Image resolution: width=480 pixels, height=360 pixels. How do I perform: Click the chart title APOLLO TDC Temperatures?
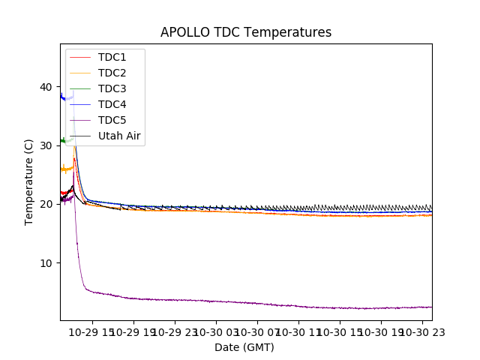(x=246, y=33)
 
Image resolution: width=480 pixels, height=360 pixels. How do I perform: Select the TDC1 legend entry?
(x=112, y=57)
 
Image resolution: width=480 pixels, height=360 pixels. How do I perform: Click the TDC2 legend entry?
(x=112, y=73)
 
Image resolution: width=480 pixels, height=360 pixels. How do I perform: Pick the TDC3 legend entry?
(x=112, y=88)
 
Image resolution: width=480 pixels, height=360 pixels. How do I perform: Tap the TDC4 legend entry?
(x=112, y=104)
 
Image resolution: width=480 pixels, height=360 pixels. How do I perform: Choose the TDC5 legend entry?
(x=112, y=120)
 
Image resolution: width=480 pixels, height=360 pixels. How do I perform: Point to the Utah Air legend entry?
(x=119, y=136)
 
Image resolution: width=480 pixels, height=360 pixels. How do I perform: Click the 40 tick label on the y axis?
(x=46, y=87)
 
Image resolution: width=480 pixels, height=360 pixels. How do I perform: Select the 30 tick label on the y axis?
(x=46, y=145)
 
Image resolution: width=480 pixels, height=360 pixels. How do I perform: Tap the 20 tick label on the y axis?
(x=46, y=204)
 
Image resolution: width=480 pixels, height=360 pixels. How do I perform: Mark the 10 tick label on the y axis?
(x=46, y=262)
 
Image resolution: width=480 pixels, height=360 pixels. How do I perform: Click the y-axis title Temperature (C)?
(x=28, y=182)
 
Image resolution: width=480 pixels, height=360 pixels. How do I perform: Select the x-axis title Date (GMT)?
(x=244, y=347)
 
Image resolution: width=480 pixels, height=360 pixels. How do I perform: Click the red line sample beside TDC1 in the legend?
(x=80, y=57)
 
